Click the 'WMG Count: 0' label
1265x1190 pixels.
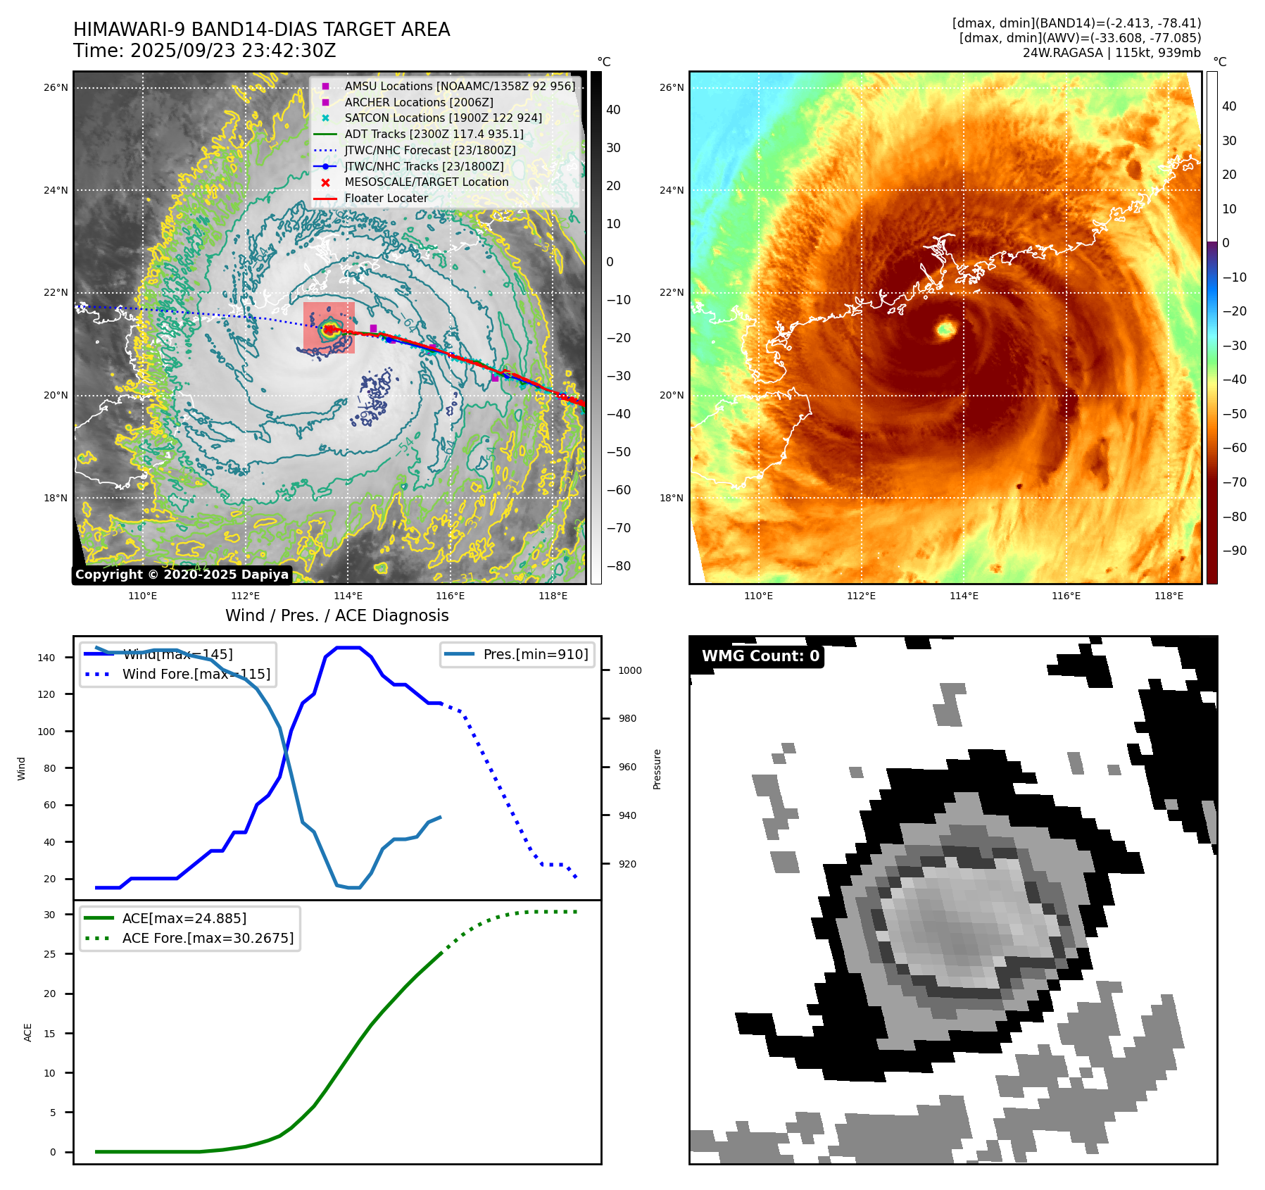tap(760, 656)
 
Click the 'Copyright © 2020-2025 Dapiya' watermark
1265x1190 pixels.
tap(182, 575)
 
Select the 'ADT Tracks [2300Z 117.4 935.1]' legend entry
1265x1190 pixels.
tap(434, 134)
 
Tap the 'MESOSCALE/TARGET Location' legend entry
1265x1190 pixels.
tap(426, 182)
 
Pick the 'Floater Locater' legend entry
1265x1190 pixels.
tap(386, 198)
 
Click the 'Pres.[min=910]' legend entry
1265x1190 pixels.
tap(535, 654)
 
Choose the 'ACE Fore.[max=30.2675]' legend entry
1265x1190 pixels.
tap(208, 938)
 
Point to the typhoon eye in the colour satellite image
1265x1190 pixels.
tap(945, 328)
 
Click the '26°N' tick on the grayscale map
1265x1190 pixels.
tap(56, 88)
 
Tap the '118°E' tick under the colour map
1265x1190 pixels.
tap(1169, 596)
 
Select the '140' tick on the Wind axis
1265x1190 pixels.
tap(46, 658)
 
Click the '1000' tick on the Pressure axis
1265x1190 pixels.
tap(630, 670)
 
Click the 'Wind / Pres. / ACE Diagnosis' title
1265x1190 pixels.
tap(336, 615)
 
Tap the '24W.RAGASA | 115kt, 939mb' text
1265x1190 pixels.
tap(1112, 53)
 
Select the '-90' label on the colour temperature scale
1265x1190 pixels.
tap(1234, 551)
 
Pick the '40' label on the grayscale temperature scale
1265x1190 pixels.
tap(613, 110)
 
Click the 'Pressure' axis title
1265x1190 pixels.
tap(657, 769)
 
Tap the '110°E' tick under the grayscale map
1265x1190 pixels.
tap(143, 596)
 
